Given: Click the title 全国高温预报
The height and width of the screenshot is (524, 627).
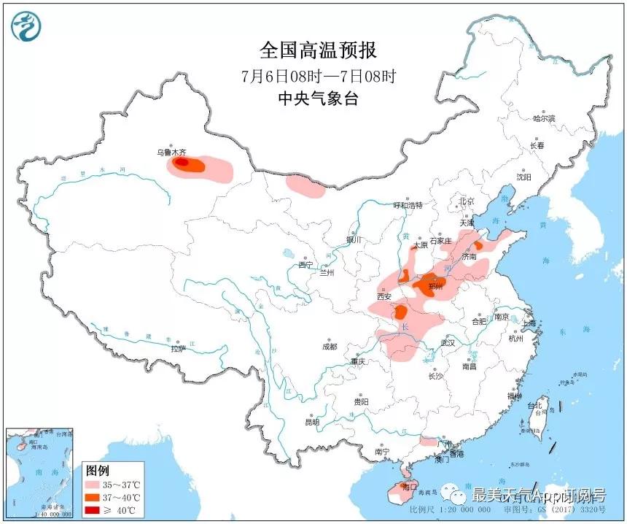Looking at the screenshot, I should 318,50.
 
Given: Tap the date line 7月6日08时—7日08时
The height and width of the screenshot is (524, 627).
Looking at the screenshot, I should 318,77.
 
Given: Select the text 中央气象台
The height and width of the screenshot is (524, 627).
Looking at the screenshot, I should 318,100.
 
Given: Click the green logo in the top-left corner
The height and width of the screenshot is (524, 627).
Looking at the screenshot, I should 26,26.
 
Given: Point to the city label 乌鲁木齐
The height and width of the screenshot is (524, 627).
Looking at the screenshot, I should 172,153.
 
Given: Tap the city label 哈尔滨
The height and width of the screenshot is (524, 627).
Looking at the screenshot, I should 544,118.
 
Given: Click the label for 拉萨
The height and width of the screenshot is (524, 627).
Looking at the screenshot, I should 179,349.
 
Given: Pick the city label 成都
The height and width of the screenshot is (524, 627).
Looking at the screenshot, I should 329,347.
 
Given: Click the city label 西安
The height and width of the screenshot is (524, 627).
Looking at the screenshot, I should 384,297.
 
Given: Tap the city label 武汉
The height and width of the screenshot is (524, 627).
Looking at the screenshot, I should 448,342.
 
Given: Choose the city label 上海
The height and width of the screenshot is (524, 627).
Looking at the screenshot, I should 528,323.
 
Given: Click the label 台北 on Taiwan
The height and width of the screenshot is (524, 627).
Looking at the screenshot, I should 536,406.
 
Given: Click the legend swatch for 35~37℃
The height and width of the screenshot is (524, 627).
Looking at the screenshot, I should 95,485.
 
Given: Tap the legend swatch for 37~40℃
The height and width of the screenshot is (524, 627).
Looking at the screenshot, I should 95,497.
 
